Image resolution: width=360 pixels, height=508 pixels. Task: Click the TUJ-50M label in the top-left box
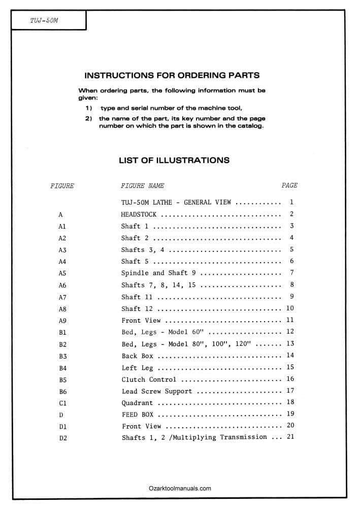tap(44, 21)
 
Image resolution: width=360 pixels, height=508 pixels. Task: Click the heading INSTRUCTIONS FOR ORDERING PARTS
tap(172, 75)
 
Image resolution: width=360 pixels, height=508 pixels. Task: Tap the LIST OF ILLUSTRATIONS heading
tap(174, 161)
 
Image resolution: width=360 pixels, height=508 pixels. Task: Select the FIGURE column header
tap(62, 186)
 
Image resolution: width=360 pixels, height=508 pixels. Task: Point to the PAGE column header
tap(289, 185)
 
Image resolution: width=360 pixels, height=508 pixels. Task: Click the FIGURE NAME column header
tap(142, 186)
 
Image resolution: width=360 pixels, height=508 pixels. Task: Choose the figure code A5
tap(62, 273)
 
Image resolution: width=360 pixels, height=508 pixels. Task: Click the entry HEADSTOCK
tap(139, 214)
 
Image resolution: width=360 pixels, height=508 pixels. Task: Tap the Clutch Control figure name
tap(149, 379)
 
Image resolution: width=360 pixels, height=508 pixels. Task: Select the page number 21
tap(290, 437)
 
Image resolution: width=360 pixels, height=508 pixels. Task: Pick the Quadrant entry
tap(137, 403)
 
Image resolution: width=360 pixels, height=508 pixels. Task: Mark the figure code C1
tap(62, 403)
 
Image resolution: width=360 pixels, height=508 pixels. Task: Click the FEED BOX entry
tap(137, 415)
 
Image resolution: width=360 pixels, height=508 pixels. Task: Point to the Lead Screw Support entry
tap(157, 391)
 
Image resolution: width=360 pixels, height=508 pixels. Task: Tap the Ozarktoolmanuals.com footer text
tap(180, 489)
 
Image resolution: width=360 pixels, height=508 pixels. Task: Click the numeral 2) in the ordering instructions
tap(88, 119)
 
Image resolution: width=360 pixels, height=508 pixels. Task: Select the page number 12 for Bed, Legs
tap(290, 332)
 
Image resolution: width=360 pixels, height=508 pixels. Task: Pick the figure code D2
tap(62, 438)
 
